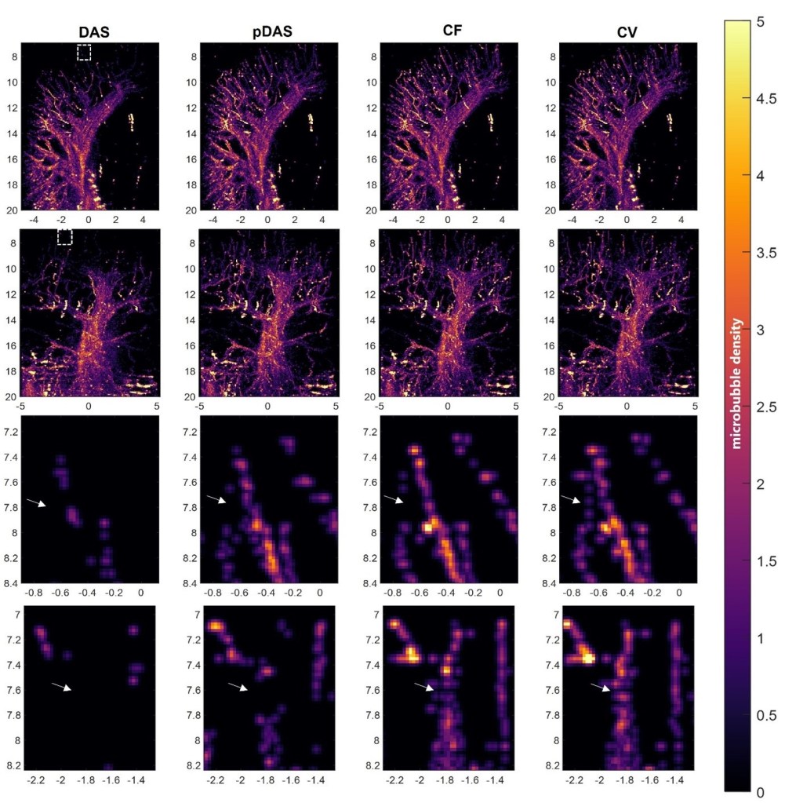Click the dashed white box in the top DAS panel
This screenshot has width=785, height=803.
coord(84,53)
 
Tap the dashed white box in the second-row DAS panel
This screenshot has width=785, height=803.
coord(65,237)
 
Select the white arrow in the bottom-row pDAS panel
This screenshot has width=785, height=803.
coord(238,687)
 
